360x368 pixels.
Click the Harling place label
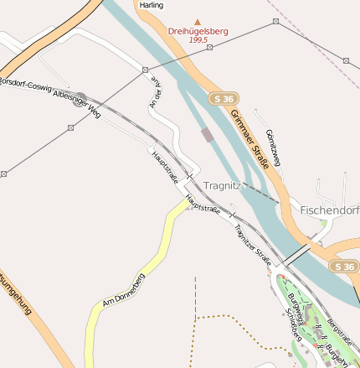pos(152,5)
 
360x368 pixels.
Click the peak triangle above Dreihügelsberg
pos(198,22)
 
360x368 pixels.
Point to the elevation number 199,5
pos(198,39)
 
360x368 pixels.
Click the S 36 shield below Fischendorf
pos(342,266)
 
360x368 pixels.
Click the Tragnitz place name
pos(222,185)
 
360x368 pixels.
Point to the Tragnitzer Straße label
pos(253,244)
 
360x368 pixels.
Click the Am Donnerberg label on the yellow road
pos(123,289)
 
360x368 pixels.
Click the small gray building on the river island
pos(207,134)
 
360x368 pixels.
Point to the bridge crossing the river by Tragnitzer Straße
pos(296,254)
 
